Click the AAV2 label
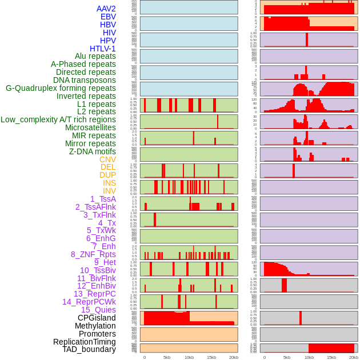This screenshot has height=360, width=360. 106,9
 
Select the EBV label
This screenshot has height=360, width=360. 108,17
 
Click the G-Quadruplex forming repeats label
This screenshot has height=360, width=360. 61,88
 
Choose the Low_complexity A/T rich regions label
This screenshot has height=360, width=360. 58,119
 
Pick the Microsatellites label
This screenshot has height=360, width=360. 90,127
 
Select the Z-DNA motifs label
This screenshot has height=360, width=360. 93,151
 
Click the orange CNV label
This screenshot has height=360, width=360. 107,159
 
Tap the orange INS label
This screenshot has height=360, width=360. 109,183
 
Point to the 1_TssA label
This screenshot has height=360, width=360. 103,199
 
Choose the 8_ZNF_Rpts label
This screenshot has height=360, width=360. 93,254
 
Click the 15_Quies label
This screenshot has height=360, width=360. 98,310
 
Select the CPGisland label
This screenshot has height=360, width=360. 97,318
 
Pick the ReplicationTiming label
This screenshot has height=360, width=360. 84,342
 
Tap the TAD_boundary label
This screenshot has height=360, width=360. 89,349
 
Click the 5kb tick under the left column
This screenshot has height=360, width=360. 167,357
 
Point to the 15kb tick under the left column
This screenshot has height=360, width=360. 211,357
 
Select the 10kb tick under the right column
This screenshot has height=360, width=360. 309,357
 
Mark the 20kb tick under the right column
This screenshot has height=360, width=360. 354,357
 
